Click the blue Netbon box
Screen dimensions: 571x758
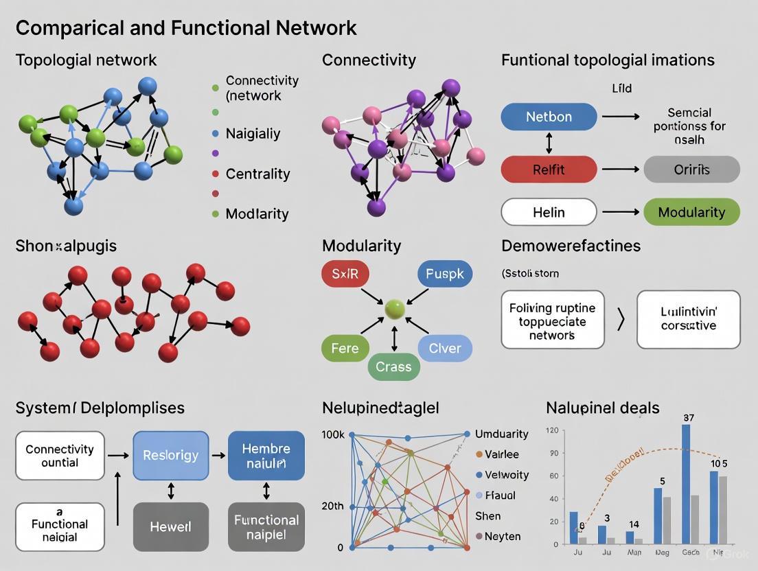[x=549, y=117]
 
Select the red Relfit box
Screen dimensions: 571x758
[x=549, y=169]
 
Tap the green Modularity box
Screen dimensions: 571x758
[x=691, y=212]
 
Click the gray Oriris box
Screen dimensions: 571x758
[x=691, y=169]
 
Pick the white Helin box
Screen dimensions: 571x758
[x=549, y=212]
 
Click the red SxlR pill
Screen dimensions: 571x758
[x=345, y=274]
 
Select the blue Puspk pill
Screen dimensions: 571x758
[x=444, y=274]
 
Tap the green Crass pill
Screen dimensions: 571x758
[x=393, y=366]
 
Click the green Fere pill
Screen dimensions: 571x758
[x=345, y=348]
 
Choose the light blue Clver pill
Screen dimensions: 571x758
[x=445, y=348]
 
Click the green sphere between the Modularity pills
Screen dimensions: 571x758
[x=394, y=310]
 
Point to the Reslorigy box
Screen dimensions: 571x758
[x=170, y=455]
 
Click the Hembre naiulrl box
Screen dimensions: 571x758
[x=266, y=455]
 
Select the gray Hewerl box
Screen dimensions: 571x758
[x=170, y=527]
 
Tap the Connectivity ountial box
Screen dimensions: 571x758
[x=60, y=455]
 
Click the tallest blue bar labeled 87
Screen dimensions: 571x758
[x=685, y=485]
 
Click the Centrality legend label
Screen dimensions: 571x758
[x=257, y=174]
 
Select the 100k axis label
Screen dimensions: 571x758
[x=332, y=434]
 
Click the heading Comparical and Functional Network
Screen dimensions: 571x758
[x=186, y=27]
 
